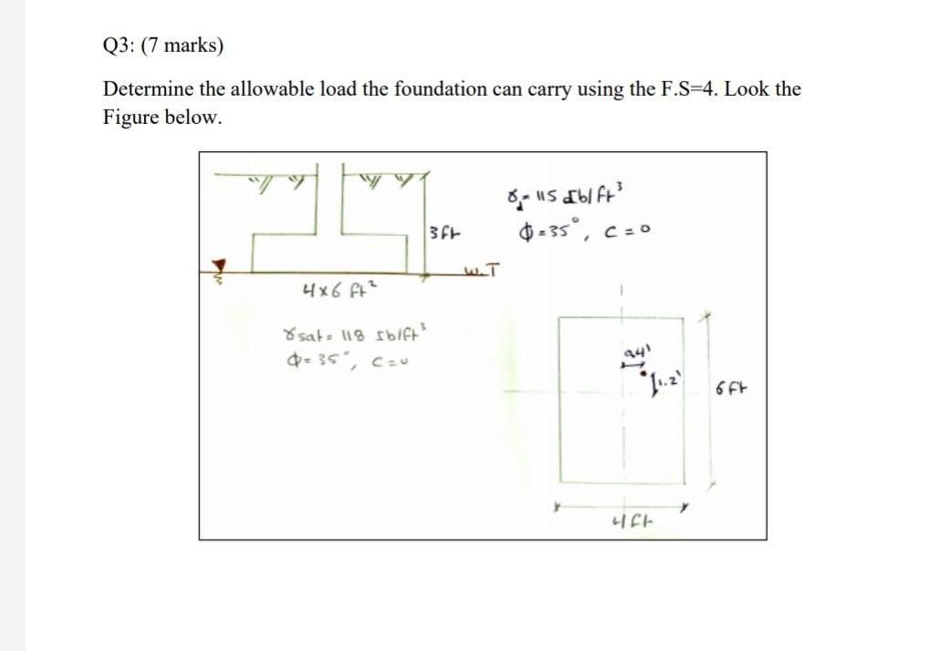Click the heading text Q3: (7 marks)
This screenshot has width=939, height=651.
click(162, 46)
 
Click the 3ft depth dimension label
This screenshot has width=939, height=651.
click(441, 234)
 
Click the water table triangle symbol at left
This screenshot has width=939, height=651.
click(218, 265)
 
